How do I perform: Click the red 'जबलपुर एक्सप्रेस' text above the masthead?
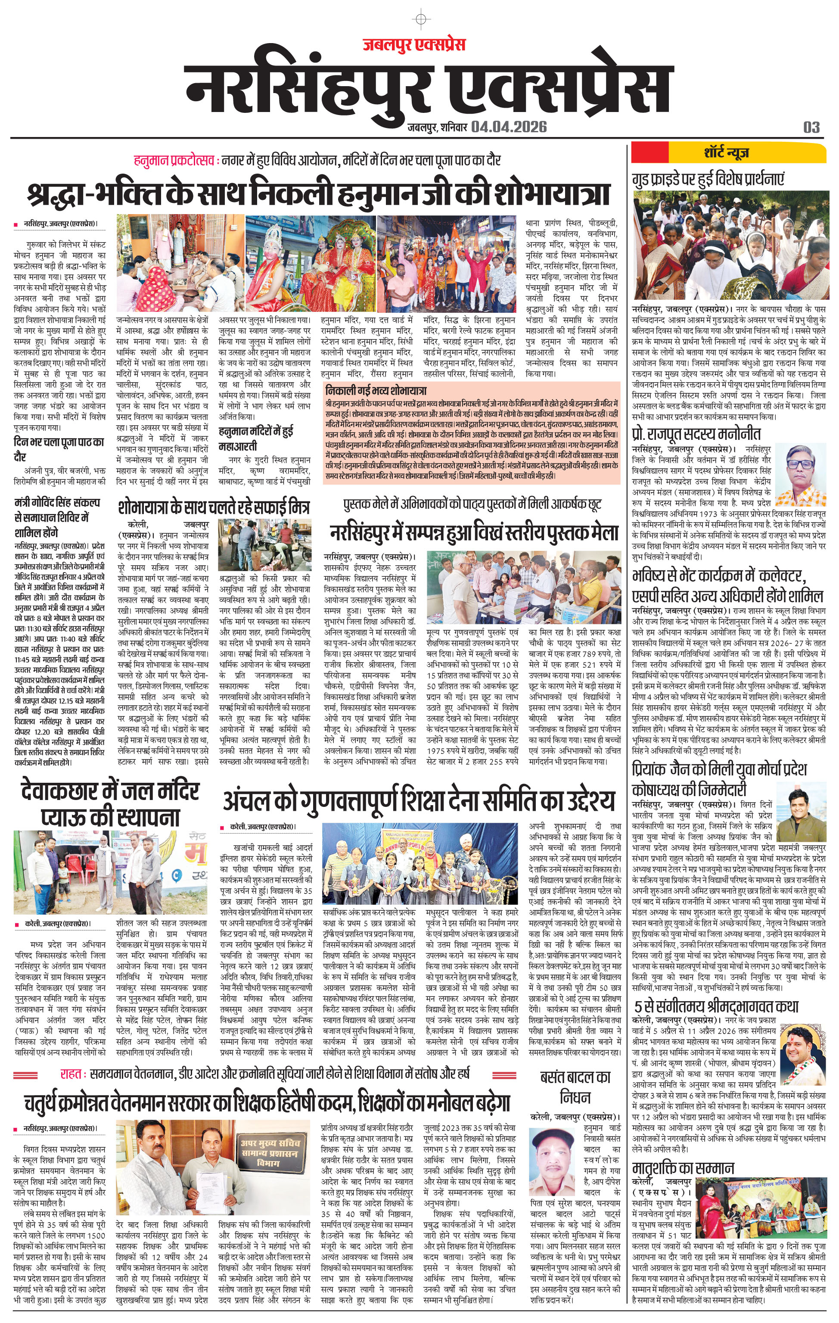coord(414,44)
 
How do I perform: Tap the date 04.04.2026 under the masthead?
coord(508,127)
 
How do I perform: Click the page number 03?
coord(811,128)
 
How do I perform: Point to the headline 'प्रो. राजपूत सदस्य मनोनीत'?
coord(696,433)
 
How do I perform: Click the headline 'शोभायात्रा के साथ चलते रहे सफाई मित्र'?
coord(214,507)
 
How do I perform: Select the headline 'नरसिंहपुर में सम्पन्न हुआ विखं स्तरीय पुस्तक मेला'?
coord(474,532)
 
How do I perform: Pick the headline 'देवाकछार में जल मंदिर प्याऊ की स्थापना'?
coord(110,804)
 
